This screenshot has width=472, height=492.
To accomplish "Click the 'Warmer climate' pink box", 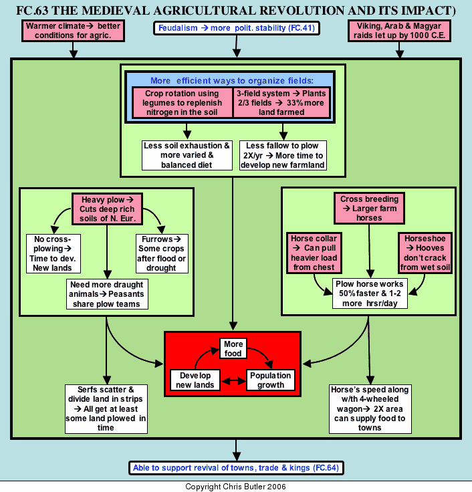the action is [x=73, y=31].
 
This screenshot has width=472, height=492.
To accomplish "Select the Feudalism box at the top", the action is [x=236, y=28].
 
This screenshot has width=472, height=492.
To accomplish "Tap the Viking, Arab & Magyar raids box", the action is [x=399, y=31].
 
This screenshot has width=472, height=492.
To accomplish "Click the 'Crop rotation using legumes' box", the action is [x=183, y=102].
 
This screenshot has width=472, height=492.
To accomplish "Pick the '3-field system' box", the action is [x=281, y=102].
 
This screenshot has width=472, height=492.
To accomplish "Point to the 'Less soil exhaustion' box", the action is [x=187, y=155].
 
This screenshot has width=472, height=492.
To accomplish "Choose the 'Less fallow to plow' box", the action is [x=283, y=155].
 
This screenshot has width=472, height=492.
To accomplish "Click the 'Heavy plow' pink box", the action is [x=108, y=209].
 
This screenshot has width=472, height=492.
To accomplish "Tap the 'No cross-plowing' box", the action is [x=53, y=253].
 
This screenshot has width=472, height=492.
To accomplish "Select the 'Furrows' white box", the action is [x=162, y=253].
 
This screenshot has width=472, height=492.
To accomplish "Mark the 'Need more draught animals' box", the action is [x=107, y=294].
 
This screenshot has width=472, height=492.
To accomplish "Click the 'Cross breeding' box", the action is [x=369, y=209].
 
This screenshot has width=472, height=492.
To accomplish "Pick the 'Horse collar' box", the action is [x=314, y=253].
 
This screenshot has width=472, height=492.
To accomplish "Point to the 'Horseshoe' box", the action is [x=425, y=253].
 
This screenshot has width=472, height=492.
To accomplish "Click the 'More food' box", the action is [x=233, y=348].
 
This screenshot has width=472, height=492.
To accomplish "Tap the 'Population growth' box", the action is [x=271, y=380].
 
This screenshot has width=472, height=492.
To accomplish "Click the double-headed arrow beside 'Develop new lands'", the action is [x=233, y=381].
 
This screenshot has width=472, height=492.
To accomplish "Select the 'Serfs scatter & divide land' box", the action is [x=106, y=409].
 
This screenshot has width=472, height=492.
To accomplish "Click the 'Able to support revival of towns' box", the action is [x=236, y=468].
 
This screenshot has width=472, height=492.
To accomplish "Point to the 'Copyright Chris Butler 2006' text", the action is [x=236, y=487].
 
